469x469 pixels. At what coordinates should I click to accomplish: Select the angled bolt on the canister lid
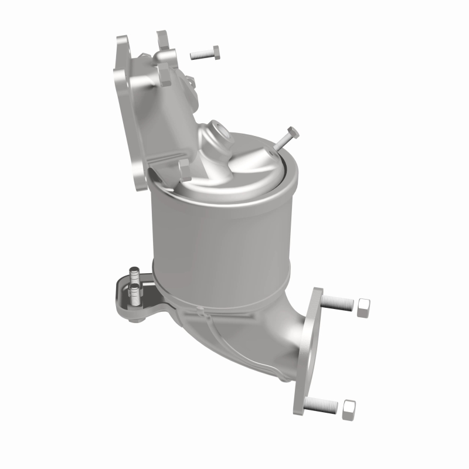pyautogui.click(x=282, y=138)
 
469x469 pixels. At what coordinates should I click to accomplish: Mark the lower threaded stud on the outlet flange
pyautogui.click(x=322, y=404)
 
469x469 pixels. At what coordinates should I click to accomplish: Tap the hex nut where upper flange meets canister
pyautogui.click(x=182, y=169)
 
